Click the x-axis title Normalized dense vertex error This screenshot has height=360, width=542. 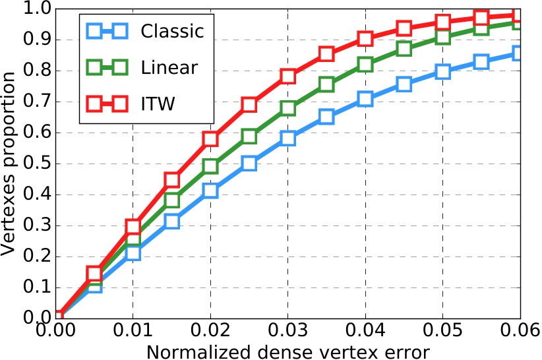[288, 350]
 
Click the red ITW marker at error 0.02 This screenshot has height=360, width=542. [210, 139]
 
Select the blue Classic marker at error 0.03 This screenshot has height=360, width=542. [287, 138]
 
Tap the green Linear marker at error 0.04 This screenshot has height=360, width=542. [365, 65]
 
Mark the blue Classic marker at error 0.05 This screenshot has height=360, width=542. [442, 71]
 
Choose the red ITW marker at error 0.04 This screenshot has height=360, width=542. [365, 38]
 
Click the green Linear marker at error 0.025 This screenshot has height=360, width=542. [249, 136]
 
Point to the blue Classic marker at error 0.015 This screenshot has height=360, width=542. [171, 221]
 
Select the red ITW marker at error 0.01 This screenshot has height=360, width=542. [133, 226]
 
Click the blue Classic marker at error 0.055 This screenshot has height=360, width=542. [481, 62]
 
